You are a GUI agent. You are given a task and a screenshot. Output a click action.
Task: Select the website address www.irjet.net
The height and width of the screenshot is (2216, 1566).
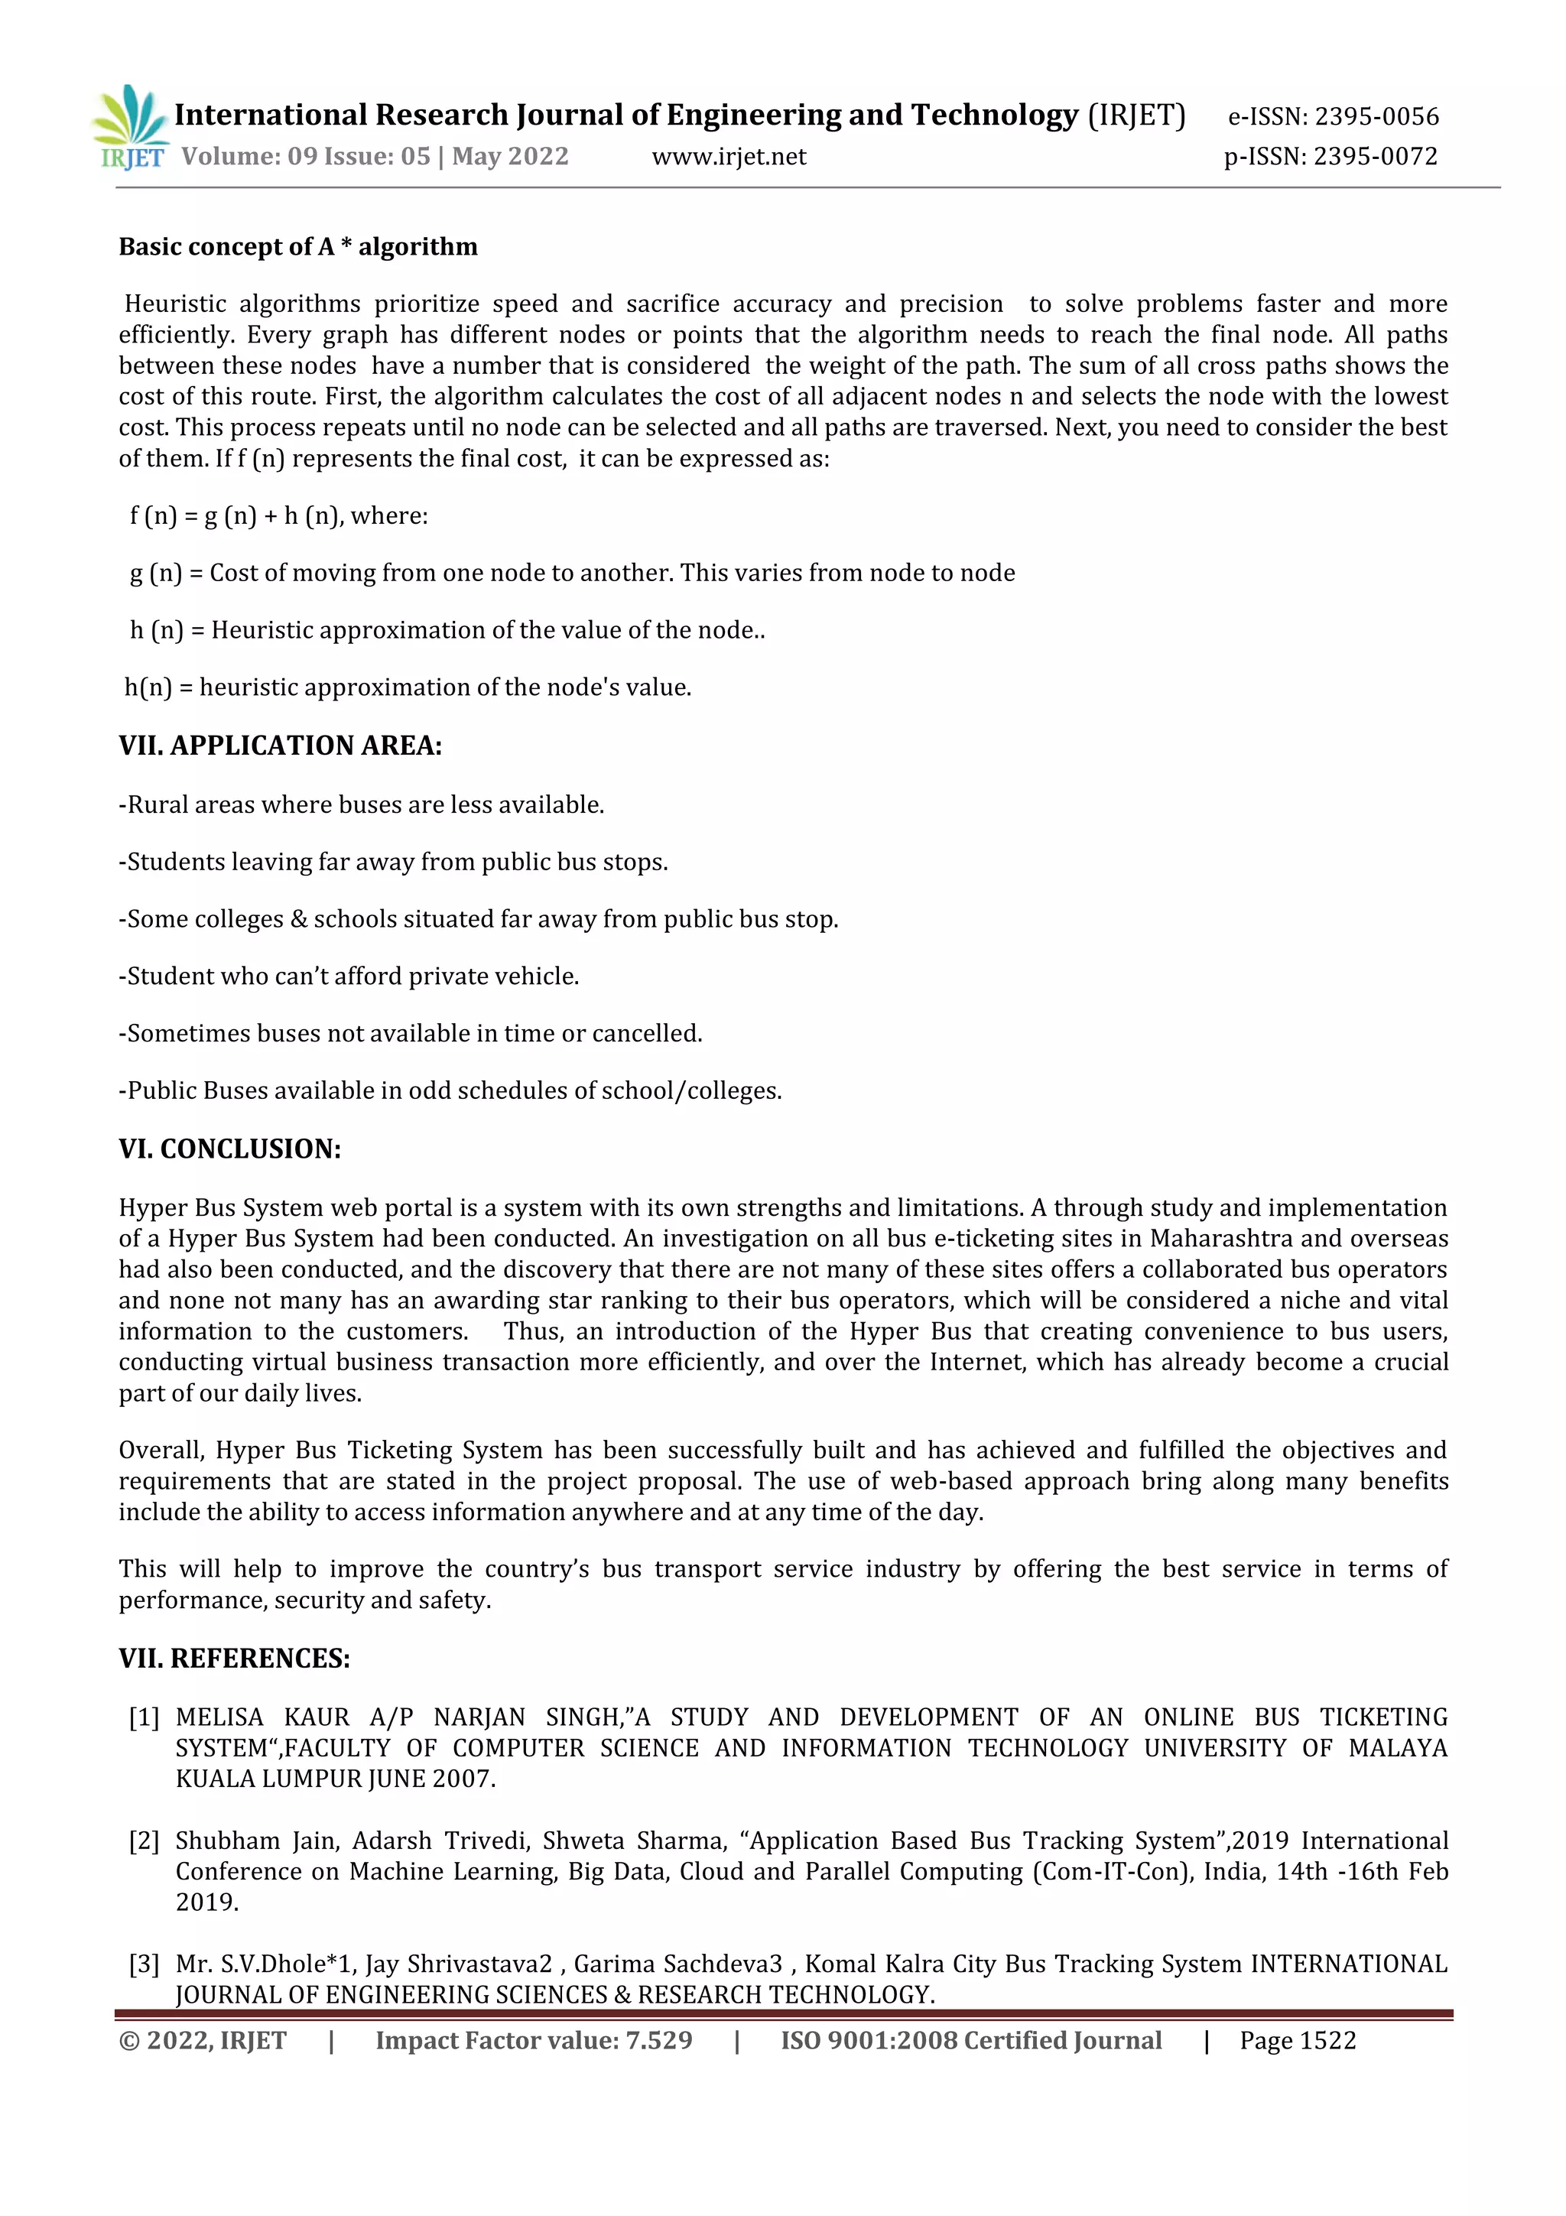pos(729,156)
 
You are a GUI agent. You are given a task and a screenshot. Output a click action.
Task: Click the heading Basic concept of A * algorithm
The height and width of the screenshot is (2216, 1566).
pos(298,247)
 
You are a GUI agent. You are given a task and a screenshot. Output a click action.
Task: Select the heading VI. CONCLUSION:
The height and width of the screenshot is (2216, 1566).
pos(229,1149)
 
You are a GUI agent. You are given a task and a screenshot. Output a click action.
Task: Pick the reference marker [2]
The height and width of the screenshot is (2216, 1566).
pos(144,1841)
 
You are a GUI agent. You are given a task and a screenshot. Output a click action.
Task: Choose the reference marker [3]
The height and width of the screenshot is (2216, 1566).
pos(144,1964)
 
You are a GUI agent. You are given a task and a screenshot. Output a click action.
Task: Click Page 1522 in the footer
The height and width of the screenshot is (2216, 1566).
pos(1298,2040)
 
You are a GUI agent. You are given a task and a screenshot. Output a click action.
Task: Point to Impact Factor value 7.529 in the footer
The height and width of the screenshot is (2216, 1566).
pos(534,2040)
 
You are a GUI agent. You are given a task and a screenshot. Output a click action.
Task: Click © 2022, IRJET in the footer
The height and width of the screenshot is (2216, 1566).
pos(203,2040)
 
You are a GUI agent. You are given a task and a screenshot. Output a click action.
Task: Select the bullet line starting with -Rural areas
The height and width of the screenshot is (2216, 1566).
pos(362,805)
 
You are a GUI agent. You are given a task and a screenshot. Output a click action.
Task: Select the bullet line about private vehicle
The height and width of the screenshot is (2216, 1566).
pos(349,976)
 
